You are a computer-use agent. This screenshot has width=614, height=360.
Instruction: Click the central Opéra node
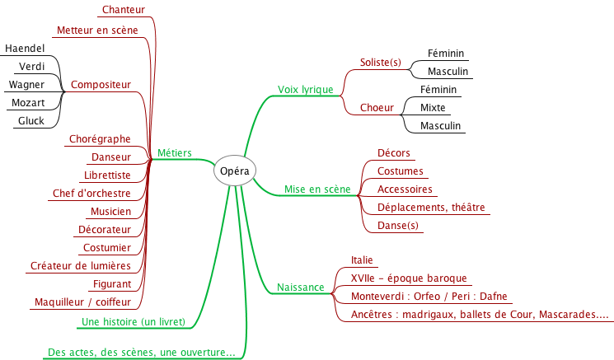pyautogui.click(x=235, y=171)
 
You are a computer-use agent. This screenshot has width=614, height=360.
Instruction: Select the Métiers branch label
pyautogui.click(x=174, y=152)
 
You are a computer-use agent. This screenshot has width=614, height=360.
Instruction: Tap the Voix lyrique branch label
pyautogui.click(x=305, y=89)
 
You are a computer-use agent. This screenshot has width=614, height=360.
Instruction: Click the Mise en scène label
pyautogui.click(x=317, y=189)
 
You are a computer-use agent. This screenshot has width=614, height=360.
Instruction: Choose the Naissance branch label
pyautogui.click(x=300, y=288)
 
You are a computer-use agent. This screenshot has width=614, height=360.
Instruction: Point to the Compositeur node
pyautogui.click(x=101, y=85)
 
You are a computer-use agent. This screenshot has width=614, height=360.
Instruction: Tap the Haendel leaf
pyautogui.click(x=25, y=49)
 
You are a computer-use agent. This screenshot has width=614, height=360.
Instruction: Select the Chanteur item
pyautogui.click(x=124, y=10)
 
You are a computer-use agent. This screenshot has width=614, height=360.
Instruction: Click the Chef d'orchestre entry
pyautogui.click(x=91, y=194)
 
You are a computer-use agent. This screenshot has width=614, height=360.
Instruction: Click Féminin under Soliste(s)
pyautogui.click(x=446, y=54)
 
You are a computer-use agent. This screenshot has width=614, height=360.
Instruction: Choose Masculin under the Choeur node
pyautogui.click(x=440, y=126)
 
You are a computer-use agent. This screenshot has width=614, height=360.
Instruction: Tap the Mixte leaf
pyautogui.click(x=433, y=108)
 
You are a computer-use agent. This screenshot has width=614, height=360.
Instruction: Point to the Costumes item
pyautogui.click(x=400, y=171)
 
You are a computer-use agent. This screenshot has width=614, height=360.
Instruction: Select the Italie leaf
pyautogui.click(x=362, y=260)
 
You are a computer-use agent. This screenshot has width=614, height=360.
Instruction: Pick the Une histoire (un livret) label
pyautogui.click(x=133, y=321)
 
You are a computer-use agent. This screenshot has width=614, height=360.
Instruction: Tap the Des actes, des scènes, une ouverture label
pyautogui.click(x=141, y=353)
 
